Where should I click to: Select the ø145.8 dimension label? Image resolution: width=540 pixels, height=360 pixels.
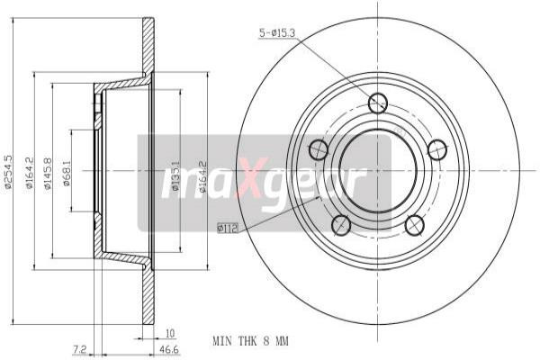(48, 176)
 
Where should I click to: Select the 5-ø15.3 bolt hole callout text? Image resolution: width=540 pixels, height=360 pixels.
(277, 35)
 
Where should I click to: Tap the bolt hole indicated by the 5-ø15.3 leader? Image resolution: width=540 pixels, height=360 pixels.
(378, 103)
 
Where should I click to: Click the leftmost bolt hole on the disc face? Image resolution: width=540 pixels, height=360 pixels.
(319, 149)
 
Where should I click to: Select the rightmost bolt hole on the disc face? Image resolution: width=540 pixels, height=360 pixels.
(437, 148)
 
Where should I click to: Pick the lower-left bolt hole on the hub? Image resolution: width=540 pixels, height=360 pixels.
(341, 224)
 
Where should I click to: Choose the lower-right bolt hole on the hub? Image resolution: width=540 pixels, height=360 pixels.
(415, 224)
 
